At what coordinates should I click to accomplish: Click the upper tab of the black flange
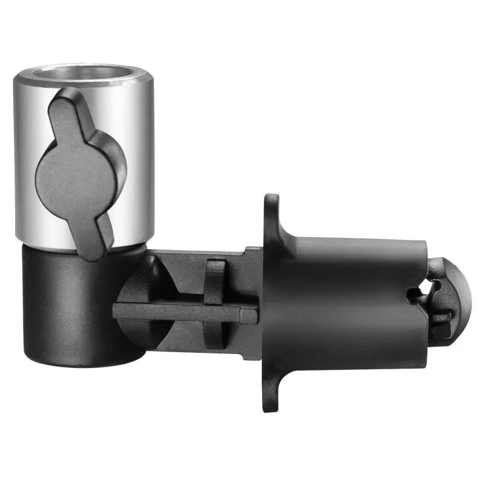[x=272, y=209]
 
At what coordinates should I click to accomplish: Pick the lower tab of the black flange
[x=272, y=394]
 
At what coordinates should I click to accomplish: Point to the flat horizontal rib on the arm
[x=182, y=313]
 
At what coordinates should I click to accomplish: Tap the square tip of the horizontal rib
[x=250, y=315]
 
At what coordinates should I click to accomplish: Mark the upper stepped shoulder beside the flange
[x=253, y=255]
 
